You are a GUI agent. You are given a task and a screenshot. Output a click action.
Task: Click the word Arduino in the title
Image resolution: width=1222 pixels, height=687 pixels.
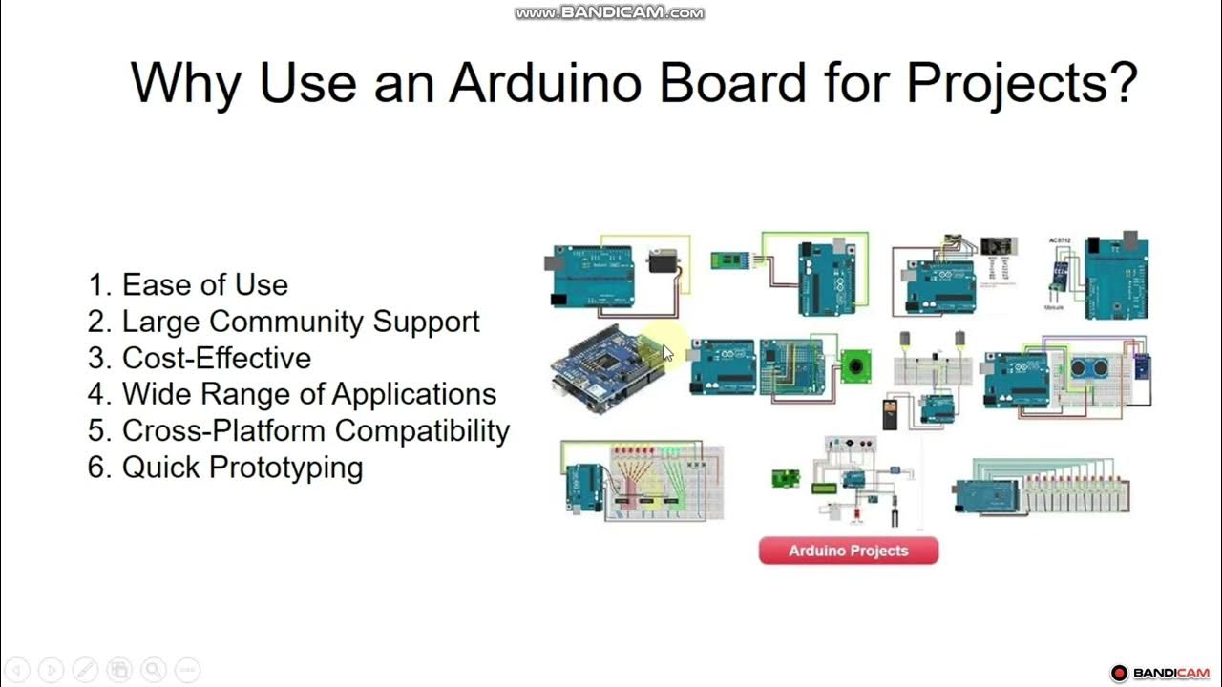click(x=546, y=83)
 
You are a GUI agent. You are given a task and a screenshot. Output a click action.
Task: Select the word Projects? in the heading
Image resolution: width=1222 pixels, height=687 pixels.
click(x=1022, y=83)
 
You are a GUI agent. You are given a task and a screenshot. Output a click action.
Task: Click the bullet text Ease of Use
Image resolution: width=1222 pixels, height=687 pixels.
click(x=204, y=284)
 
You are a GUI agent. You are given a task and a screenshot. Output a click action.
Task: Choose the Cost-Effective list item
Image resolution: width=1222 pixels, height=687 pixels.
click(x=216, y=358)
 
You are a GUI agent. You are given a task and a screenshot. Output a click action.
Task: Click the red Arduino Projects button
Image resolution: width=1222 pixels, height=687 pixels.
click(x=848, y=551)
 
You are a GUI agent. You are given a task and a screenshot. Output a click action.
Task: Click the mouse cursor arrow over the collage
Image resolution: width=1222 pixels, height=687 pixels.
click(x=667, y=353)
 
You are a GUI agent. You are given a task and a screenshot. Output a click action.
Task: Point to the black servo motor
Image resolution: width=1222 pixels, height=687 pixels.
click(x=663, y=260)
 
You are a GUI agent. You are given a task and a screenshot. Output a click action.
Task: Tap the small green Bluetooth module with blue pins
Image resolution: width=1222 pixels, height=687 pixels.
click(x=727, y=260)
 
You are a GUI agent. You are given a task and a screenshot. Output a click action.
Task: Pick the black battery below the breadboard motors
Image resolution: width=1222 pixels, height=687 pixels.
click(x=889, y=414)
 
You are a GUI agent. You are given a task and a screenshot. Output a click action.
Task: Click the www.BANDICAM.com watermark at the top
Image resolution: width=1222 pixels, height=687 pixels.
click(x=609, y=12)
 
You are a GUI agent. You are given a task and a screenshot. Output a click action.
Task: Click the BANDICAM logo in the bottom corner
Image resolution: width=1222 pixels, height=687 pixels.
click(x=1160, y=673)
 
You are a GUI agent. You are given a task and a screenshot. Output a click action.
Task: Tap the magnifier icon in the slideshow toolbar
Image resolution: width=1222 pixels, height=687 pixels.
click(x=153, y=670)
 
